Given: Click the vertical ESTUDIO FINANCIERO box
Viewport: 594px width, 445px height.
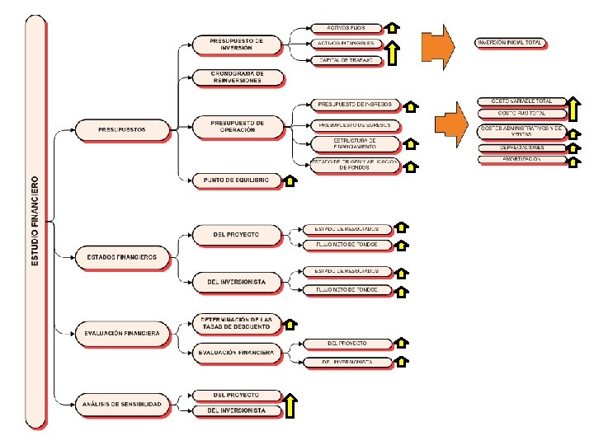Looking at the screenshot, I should (36, 222).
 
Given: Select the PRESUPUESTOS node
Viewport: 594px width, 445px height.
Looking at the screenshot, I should (122, 129).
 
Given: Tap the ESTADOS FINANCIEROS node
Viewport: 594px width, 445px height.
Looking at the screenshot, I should (122, 258).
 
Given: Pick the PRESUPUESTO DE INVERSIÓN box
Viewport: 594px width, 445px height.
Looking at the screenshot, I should (237, 44).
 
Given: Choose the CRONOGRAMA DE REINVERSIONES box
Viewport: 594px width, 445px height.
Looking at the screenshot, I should (237, 77).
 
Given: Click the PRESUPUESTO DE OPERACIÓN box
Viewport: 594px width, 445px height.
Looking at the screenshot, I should (237, 125).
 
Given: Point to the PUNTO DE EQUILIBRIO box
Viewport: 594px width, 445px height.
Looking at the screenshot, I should (237, 180).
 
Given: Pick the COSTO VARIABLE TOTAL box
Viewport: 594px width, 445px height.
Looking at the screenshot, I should (521, 101).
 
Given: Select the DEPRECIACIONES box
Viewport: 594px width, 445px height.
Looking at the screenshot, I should (521, 148).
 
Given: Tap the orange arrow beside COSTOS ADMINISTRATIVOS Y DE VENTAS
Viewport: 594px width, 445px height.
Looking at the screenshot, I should (452, 127).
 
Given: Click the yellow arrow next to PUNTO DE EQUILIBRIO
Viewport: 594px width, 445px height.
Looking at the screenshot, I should (290, 181).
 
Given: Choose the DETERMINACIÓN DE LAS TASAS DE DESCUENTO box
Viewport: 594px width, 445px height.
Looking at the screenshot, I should (237, 322).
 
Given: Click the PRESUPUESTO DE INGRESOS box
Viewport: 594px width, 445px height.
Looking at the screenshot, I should (356, 105).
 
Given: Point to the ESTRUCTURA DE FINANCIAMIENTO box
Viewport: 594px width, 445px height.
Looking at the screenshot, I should (356, 144).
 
